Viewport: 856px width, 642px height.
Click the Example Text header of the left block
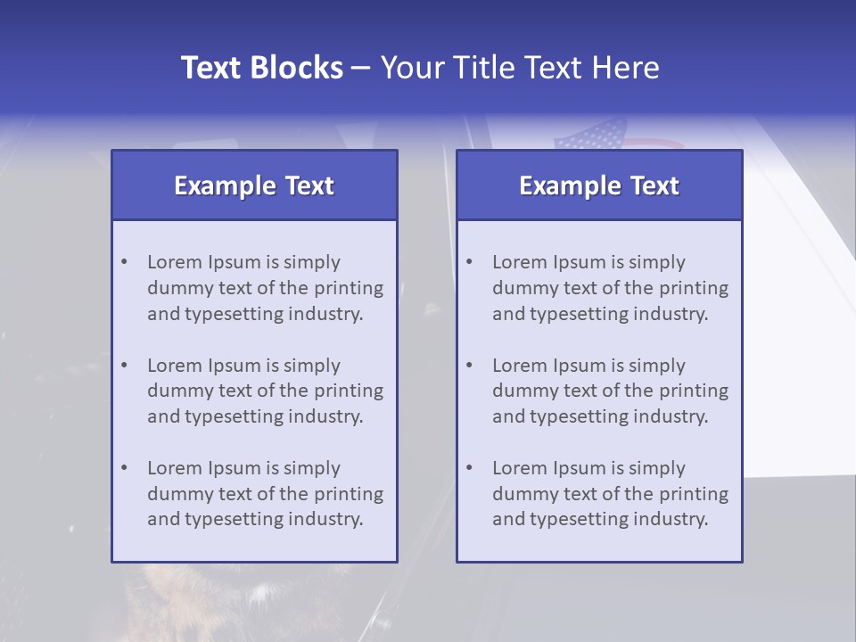click(x=254, y=185)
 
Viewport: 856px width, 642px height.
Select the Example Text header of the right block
click(x=599, y=185)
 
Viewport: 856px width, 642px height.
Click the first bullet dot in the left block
click(x=125, y=262)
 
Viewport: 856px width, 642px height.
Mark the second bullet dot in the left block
click(x=125, y=366)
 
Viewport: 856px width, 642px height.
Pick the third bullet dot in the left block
click(x=125, y=468)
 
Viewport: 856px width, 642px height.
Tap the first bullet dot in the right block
click(x=470, y=262)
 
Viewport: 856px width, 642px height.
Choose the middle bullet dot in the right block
click(x=470, y=366)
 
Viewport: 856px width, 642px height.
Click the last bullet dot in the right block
click(x=470, y=468)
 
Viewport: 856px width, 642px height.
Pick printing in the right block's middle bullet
click(x=695, y=391)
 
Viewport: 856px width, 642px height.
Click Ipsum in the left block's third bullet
click(x=234, y=469)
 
